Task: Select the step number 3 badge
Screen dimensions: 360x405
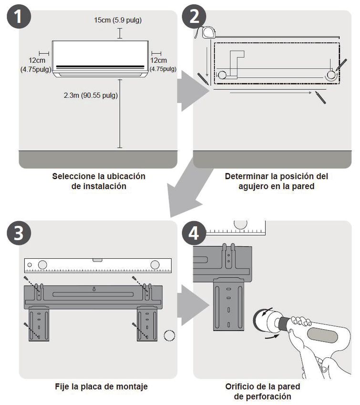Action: (19, 233)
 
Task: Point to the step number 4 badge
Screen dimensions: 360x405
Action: (194, 233)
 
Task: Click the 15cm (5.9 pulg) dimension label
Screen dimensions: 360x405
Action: (118, 20)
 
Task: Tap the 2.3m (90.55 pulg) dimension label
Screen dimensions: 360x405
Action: (91, 95)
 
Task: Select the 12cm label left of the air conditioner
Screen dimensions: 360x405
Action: (37, 61)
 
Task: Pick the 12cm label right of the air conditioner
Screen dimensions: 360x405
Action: (158, 61)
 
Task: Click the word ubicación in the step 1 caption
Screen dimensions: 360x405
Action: (126, 176)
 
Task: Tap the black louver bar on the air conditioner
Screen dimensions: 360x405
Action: (100, 67)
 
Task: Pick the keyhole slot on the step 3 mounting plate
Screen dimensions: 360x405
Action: (94, 289)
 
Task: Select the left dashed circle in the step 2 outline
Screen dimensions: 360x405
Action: (222, 75)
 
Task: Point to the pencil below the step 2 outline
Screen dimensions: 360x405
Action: (320, 97)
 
